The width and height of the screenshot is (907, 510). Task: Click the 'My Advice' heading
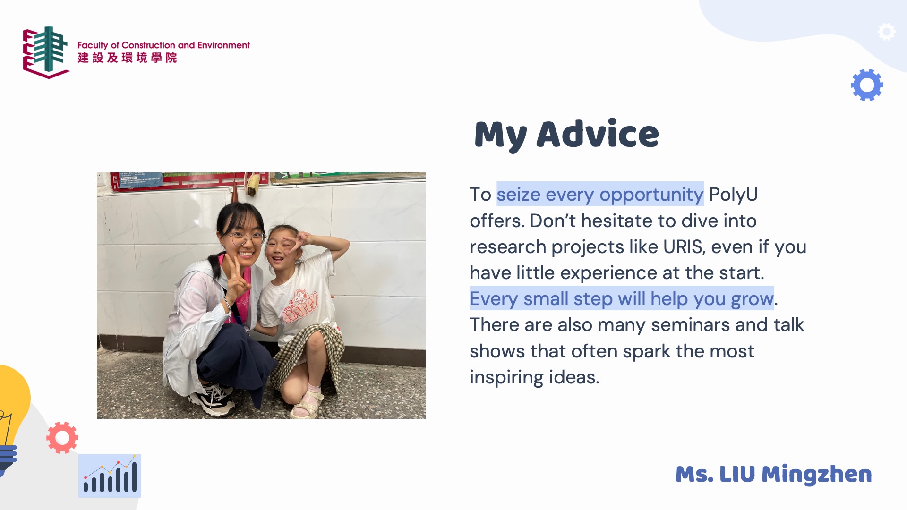pyautogui.click(x=566, y=135)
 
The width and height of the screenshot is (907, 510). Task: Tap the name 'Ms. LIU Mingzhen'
pyautogui.click(x=773, y=474)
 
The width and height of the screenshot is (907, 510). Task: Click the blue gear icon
pyautogui.click(x=867, y=85)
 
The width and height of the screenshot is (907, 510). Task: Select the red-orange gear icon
pyautogui.click(x=62, y=438)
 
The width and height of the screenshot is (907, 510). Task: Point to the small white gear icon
pyautogui.click(x=887, y=32)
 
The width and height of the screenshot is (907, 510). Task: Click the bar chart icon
pyautogui.click(x=110, y=476)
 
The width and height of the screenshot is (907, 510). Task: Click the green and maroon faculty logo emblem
pyautogui.click(x=46, y=52)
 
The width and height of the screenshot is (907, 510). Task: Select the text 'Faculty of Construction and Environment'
pyautogui.click(x=163, y=45)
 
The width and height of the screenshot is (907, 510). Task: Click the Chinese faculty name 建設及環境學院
pyautogui.click(x=128, y=58)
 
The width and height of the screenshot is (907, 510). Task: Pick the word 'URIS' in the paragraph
pyautogui.click(x=683, y=247)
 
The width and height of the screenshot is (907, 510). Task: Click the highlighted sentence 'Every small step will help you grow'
pyautogui.click(x=622, y=298)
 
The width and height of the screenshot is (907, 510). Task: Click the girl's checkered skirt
pyautogui.click(x=307, y=352)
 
